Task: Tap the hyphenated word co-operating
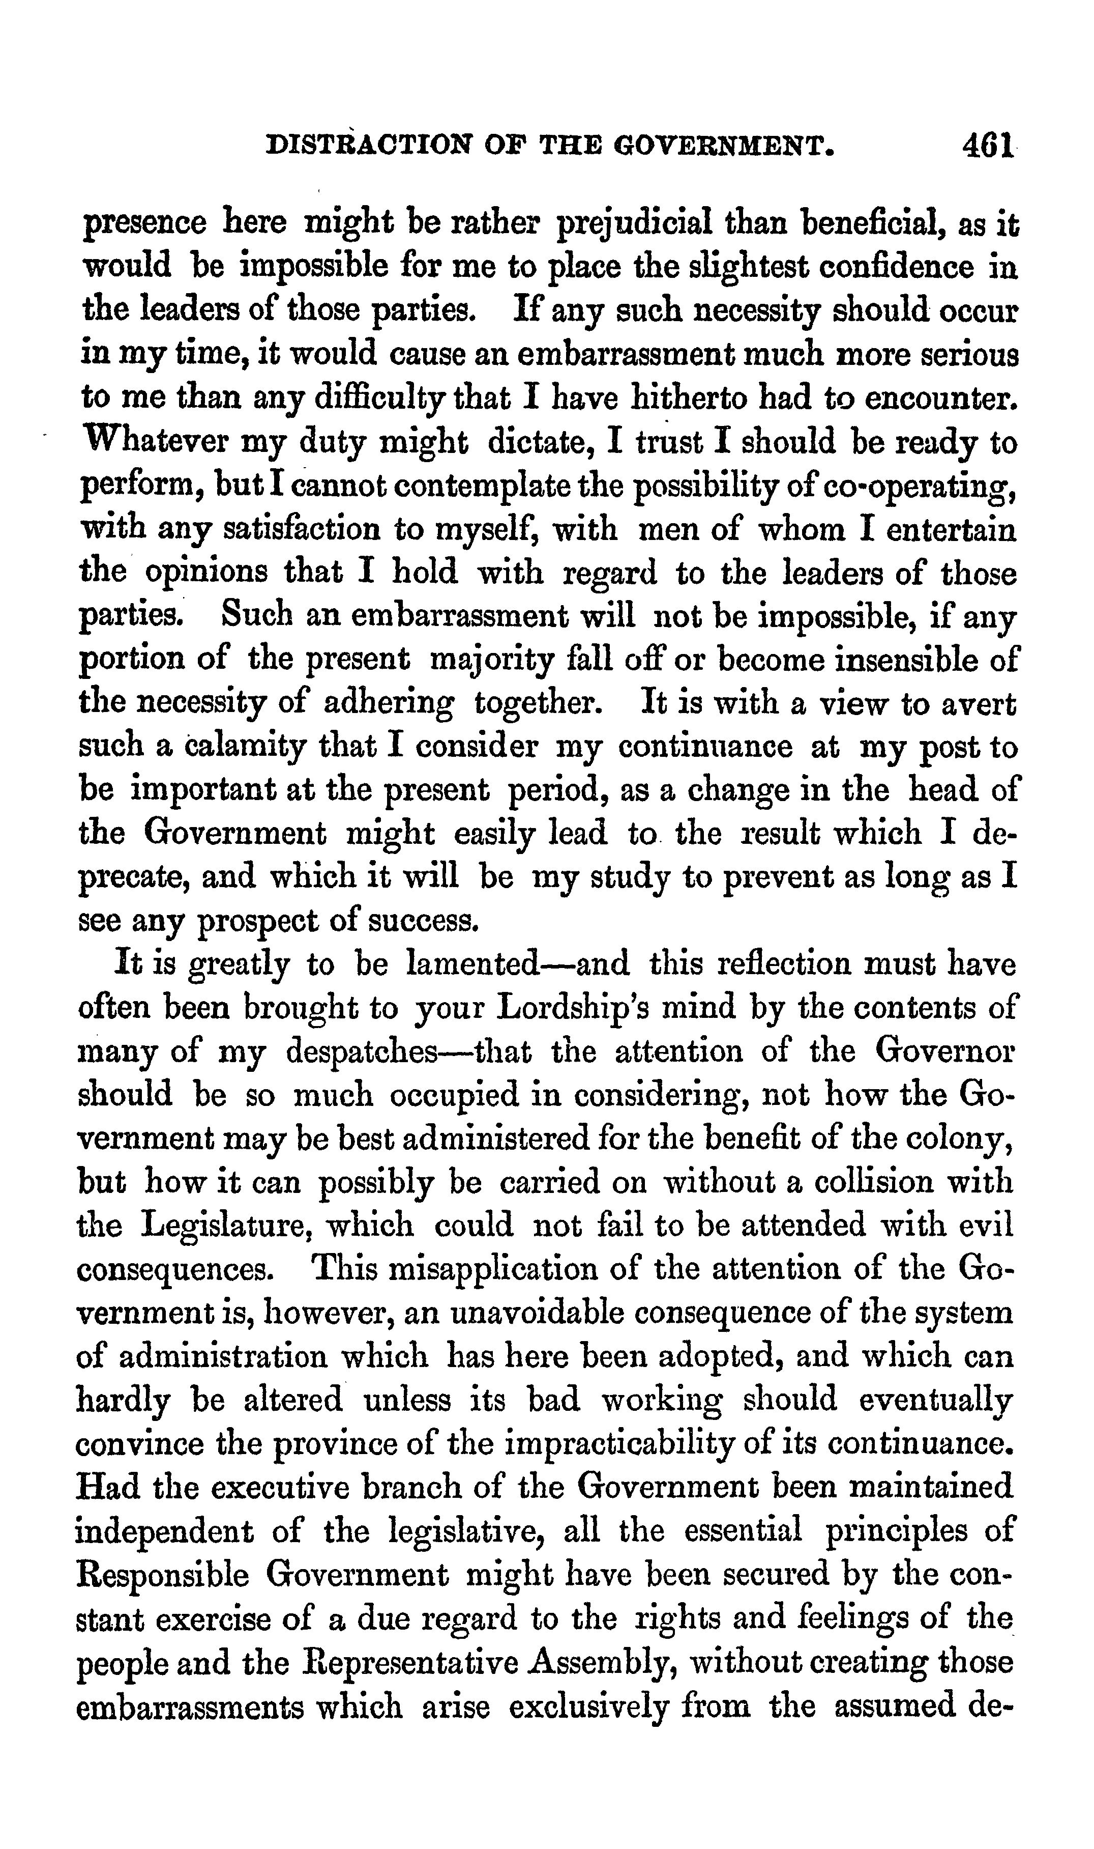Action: pyautogui.click(x=932, y=486)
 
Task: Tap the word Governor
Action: pyautogui.click(x=943, y=1051)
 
